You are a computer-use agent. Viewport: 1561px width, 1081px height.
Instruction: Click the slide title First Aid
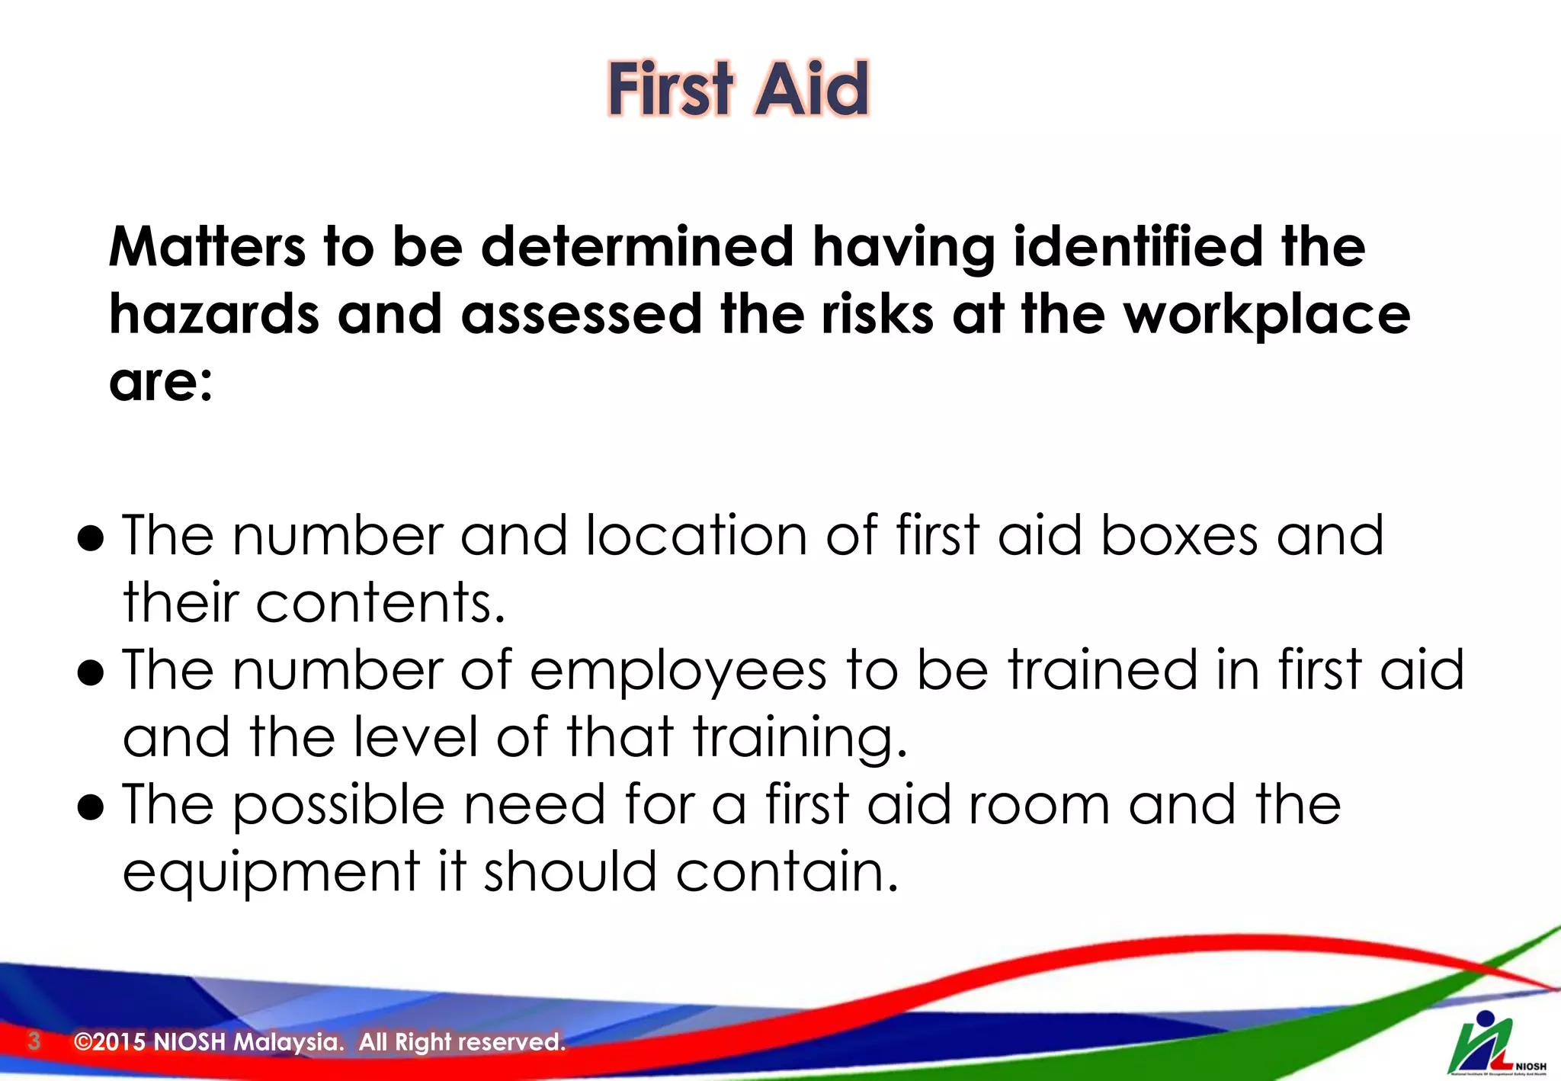coord(738,89)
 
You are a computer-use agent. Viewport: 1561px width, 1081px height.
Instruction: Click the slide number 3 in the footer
coord(34,1041)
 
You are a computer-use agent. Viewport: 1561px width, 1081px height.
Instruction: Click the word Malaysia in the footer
coord(288,1041)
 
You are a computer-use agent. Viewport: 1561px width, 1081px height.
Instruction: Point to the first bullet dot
coord(91,539)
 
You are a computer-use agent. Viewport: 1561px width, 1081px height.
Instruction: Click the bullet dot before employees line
coord(91,673)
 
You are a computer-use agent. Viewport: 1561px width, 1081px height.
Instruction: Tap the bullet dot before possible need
coord(91,808)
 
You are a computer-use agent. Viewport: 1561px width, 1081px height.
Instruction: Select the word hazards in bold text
coord(213,314)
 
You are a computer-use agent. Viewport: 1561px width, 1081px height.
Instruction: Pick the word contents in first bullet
coord(380,603)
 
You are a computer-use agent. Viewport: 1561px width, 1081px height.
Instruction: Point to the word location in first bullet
coord(696,536)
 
